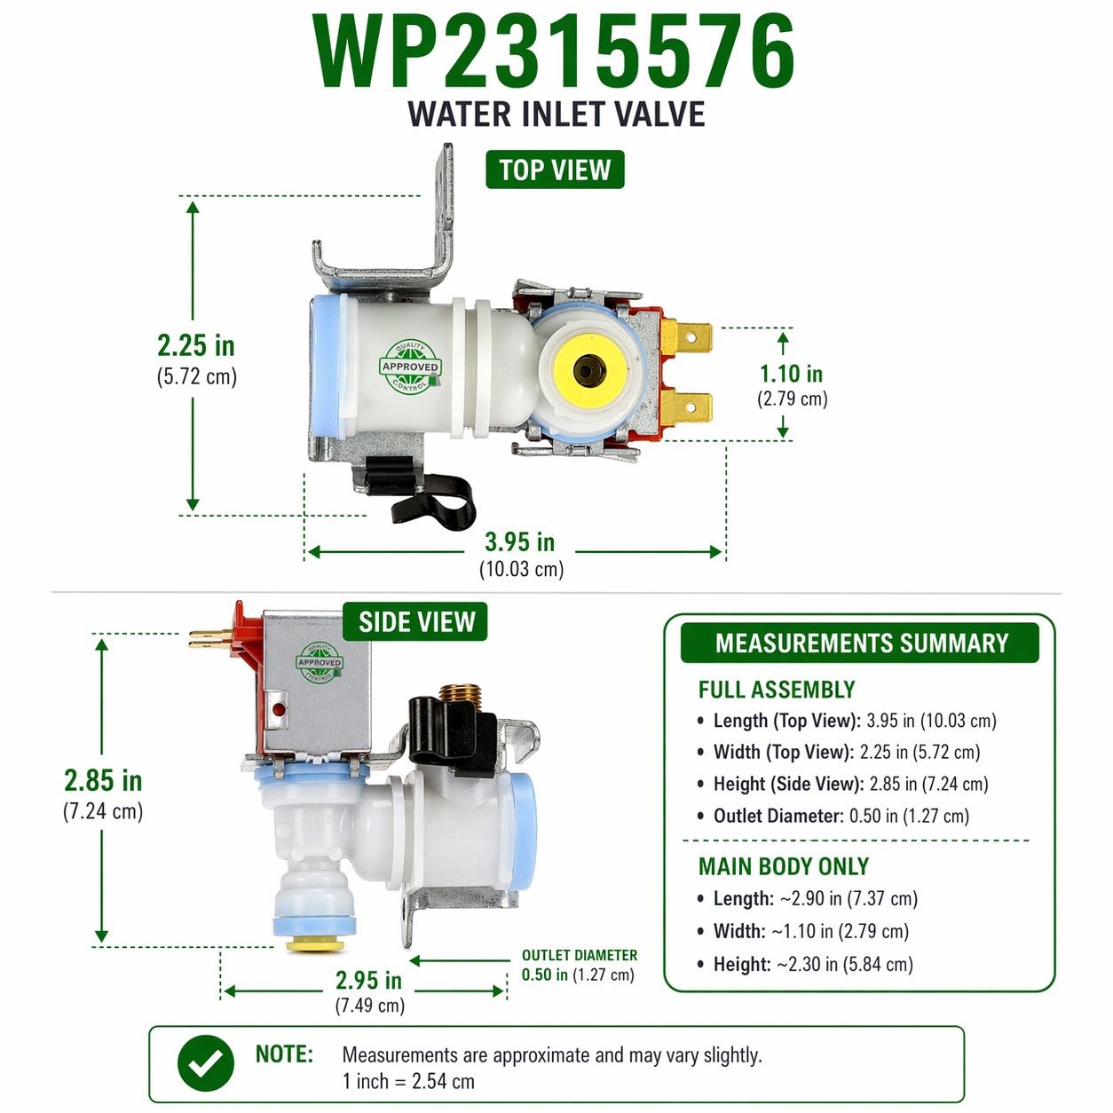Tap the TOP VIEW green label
click(x=555, y=170)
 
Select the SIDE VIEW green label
click(x=414, y=621)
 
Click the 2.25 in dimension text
click(x=196, y=346)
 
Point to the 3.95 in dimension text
click(x=520, y=541)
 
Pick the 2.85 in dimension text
click(x=103, y=780)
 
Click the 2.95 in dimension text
click(x=368, y=980)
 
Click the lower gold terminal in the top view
click(x=687, y=407)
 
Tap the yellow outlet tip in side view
click(x=315, y=946)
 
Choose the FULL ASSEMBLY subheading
click(x=777, y=690)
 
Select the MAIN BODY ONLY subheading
click(x=783, y=866)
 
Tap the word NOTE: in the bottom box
click(x=284, y=1054)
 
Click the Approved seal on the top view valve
click(x=410, y=367)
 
